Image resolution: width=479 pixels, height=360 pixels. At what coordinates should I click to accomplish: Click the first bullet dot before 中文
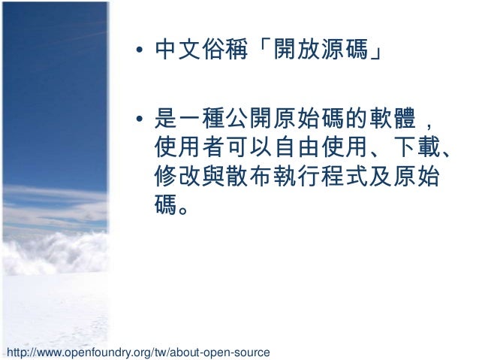140,53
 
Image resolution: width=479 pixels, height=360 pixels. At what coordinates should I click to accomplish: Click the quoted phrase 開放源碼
322,52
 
